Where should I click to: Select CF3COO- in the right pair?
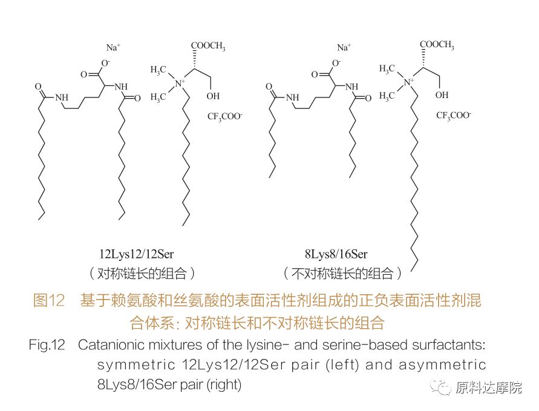454,114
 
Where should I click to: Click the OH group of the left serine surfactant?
214,96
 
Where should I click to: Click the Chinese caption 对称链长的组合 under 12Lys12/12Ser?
140,273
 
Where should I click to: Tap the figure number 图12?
48,300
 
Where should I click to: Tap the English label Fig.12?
47,346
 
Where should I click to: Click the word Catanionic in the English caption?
111,346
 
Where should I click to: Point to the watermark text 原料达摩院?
489,388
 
